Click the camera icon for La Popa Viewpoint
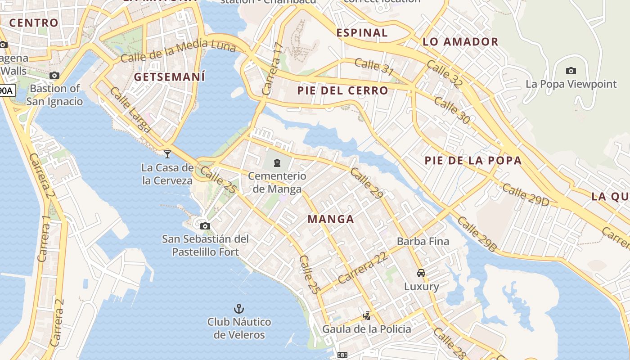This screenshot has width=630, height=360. (571, 71)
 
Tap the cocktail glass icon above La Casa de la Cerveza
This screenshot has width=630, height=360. (167, 154)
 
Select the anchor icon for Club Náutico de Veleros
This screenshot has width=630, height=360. (239, 309)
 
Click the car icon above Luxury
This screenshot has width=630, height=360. (421, 273)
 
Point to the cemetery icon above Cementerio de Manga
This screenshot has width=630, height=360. (277, 162)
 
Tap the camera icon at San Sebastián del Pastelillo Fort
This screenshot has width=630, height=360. (205, 226)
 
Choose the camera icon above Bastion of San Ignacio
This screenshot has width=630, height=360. (54, 75)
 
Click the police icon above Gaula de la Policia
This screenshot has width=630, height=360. (367, 315)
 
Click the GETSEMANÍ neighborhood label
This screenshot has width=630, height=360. (169, 77)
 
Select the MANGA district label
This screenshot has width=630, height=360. (331, 219)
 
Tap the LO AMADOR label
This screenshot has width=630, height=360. (460, 42)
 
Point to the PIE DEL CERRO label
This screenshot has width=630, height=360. (342, 90)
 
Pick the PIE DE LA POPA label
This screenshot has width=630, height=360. (473, 160)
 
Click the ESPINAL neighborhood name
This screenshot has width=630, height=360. (362, 32)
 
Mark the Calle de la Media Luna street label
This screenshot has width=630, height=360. (178, 50)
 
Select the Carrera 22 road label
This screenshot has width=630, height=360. (363, 268)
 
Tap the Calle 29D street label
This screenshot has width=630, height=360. (525, 195)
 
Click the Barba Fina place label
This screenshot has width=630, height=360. (423, 241)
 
